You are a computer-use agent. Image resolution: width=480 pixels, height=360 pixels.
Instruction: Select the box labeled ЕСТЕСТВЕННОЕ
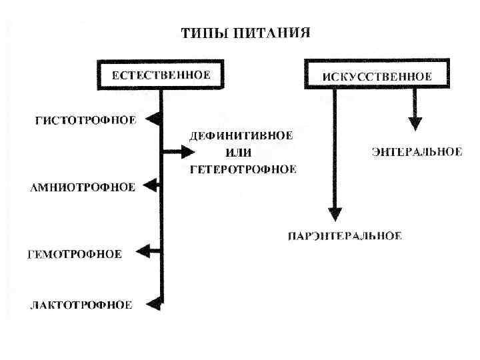pyautogui.click(x=161, y=75)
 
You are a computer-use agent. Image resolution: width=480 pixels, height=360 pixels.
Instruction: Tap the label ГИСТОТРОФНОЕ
pyautogui.click(x=85, y=121)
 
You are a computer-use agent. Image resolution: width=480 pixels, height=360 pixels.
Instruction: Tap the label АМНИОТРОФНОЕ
pyautogui.click(x=83, y=187)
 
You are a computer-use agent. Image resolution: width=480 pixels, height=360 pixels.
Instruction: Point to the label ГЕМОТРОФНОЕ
pyautogui.click(x=75, y=254)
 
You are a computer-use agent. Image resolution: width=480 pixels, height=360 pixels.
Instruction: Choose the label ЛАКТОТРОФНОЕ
pyautogui.click(x=81, y=305)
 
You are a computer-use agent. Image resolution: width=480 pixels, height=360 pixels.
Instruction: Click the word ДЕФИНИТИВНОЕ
pyautogui.click(x=241, y=136)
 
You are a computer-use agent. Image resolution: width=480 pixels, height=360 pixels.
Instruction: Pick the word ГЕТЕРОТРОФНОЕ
pyautogui.click(x=243, y=169)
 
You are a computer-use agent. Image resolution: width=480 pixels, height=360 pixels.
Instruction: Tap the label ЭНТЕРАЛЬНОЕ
pyautogui.click(x=417, y=152)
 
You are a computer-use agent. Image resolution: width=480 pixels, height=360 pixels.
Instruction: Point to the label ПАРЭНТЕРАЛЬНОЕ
pyautogui.click(x=345, y=236)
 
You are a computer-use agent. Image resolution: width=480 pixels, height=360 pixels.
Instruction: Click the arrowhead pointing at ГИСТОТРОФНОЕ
pyautogui.click(x=153, y=119)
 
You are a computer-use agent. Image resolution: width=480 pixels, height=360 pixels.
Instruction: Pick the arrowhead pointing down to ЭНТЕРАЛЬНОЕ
pyautogui.click(x=415, y=123)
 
